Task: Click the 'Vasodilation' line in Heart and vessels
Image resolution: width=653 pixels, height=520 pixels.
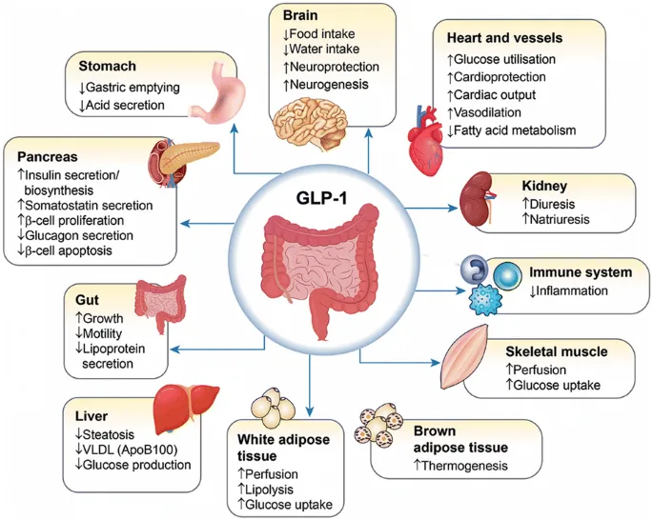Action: (493, 111)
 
